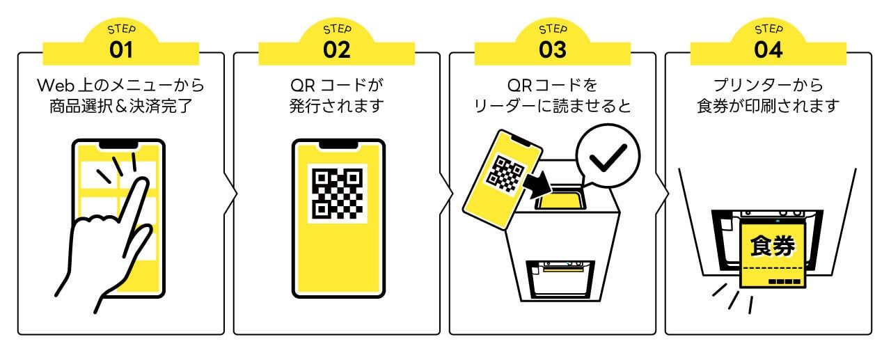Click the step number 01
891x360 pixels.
[x=121, y=50]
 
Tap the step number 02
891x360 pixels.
[x=337, y=50]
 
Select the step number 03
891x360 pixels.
[x=553, y=50]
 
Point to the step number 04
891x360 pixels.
[x=768, y=50]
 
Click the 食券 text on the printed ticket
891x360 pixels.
[x=772, y=245]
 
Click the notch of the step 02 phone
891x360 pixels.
[x=338, y=145]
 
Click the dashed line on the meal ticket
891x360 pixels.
[x=772, y=269]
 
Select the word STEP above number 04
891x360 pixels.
[x=768, y=29]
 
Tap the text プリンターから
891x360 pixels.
[x=768, y=86]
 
